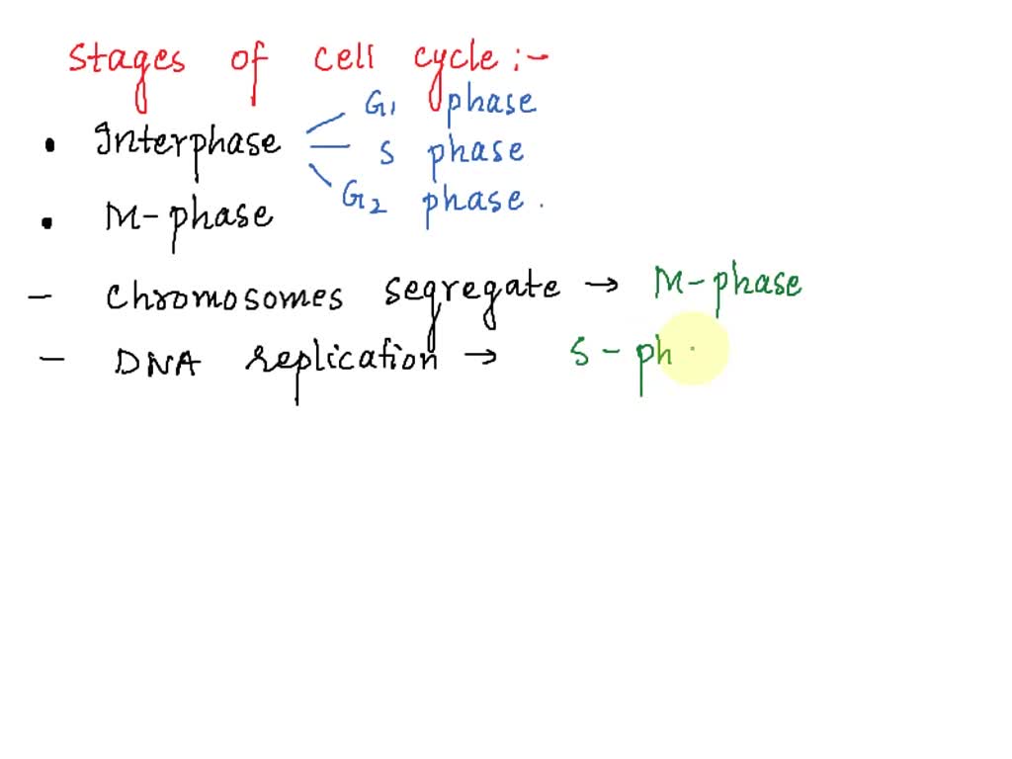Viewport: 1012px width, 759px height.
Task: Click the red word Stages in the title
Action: (126, 61)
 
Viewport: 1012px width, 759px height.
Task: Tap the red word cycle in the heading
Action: (456, 60)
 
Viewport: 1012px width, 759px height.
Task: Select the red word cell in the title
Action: (344, 58)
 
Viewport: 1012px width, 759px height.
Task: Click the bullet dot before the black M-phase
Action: (46, 222)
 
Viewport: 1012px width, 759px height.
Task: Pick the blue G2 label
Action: (364, 198)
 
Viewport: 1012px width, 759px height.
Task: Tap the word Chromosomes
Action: (224, 296)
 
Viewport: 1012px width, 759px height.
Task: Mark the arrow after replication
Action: (480, 358)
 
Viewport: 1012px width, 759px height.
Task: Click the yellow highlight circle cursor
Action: (692, 349)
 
